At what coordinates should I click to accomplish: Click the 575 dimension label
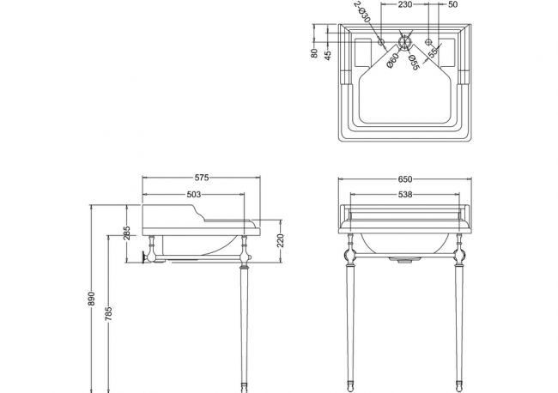[x=202, y=178]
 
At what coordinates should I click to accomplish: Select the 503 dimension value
[x=194, y=195]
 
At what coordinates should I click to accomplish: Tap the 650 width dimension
[x=405, y=179]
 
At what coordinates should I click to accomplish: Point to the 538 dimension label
[x=405, y=195]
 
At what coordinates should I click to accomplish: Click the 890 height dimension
[x=92, y=299]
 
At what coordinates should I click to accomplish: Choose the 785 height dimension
[x=108, y=314]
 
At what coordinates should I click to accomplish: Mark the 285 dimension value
[x=127, y=233]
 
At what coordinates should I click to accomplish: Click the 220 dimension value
[x=281, y=241]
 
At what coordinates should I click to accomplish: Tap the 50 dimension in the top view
[x=453, y=4]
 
